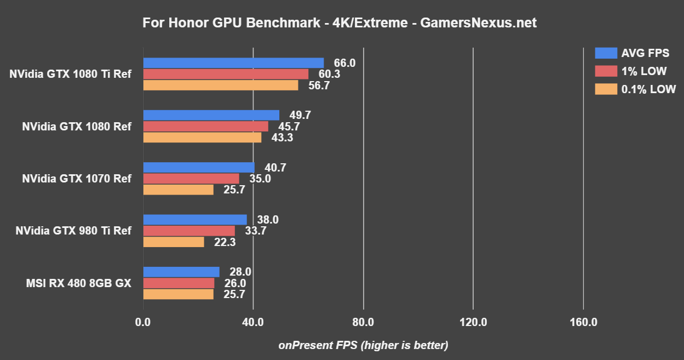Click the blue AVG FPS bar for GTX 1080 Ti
coord(233,63)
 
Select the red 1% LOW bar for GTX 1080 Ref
coord(205,127)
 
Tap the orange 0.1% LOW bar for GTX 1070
coord(178,190)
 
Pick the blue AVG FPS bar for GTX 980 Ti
coord(195,220)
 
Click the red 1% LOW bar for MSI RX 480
coord(179,283)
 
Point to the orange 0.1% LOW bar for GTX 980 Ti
coord(174,242)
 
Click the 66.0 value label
coord(344,63)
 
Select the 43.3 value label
coord(282,138)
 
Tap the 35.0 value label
coord(260,179)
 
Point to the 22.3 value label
coord(225,242)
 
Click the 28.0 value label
coord(240,272)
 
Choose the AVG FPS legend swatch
coord(605,53)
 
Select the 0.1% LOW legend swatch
coord(605,89)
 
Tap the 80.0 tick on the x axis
coord(363,322)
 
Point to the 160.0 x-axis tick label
coord(583,322)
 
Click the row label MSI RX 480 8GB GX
coord(78,283)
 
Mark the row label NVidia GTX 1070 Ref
coord(77,179)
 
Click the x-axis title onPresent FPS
coord(363,345)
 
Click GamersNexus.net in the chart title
coord(477,23)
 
